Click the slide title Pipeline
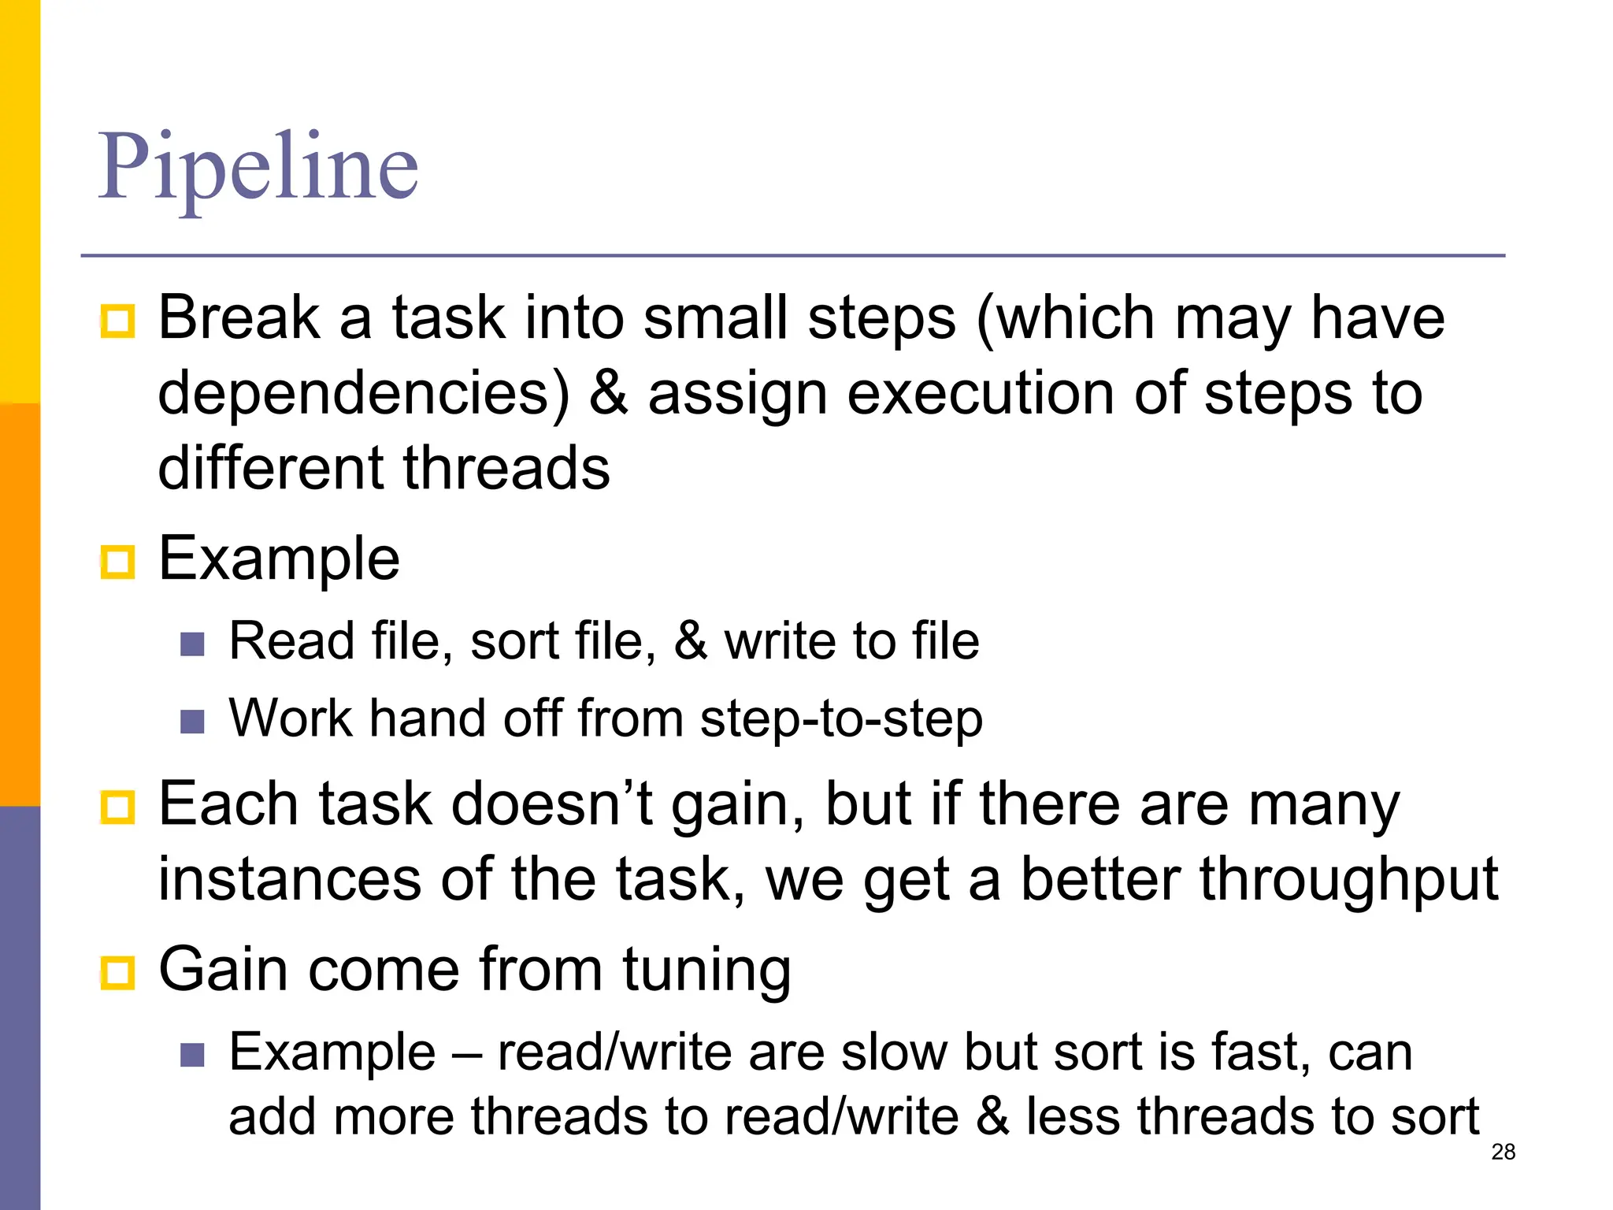click(x=258, y=167)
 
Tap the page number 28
click(x=1503, y=1152)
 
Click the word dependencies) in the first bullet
click(x=363, y=394)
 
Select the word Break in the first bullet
click(x=239, y=318)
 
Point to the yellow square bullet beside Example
click(x=118, y=562)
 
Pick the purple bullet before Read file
click(x=192, y=644)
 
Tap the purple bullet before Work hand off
click(x=192, y=722)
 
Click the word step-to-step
click(x=841, y=720)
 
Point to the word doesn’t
click(x=552, y=805)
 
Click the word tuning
click(x=706, y=971)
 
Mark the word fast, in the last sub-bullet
click(x=1261, y=1052)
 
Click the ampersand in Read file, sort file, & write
click(x=690, y=641)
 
